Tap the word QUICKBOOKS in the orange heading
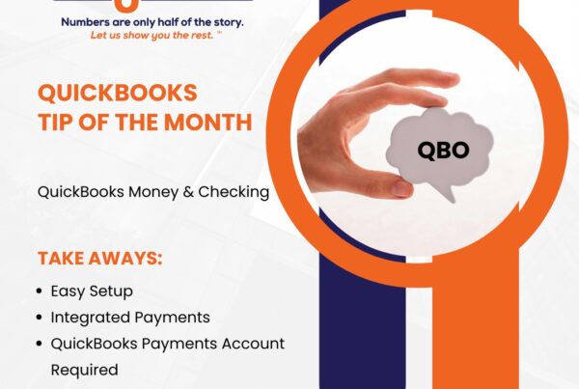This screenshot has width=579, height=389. pos(117,94)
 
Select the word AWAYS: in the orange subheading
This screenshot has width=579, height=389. pos(130,259)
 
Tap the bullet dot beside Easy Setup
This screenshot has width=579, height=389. pos(40,291)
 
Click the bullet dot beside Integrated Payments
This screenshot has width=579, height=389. pos(40,317)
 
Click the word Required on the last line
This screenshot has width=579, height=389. pos(84,370)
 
